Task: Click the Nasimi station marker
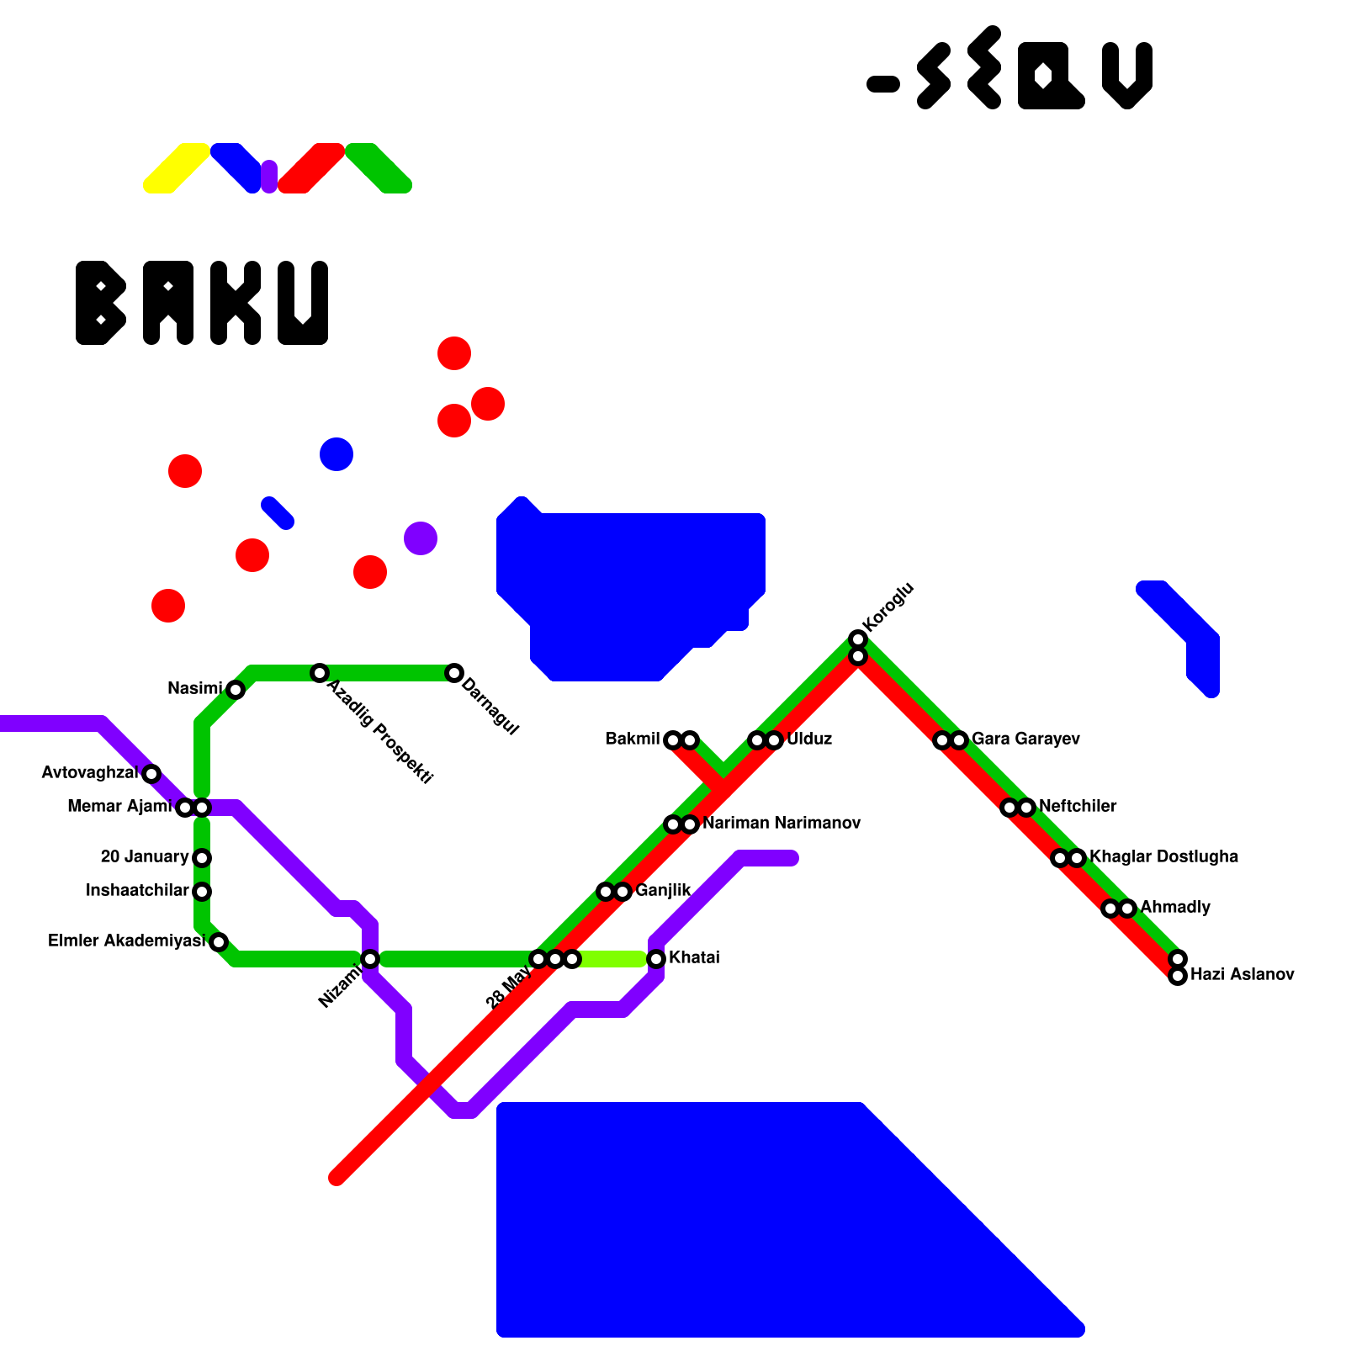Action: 236,690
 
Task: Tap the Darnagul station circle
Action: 454,673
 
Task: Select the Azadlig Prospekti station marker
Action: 319,673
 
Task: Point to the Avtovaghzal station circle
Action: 151,774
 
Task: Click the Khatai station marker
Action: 656,959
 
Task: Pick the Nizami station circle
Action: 370,959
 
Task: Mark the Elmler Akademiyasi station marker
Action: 219,942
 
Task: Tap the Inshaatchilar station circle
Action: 202,892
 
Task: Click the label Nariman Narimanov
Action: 782,824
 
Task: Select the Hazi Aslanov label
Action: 1242,975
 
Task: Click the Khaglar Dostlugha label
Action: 1163,857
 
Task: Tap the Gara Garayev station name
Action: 1025,739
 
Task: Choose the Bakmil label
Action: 633,739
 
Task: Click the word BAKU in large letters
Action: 202,303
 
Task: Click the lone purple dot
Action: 421,538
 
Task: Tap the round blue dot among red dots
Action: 336,454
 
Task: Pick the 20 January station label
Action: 145,857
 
